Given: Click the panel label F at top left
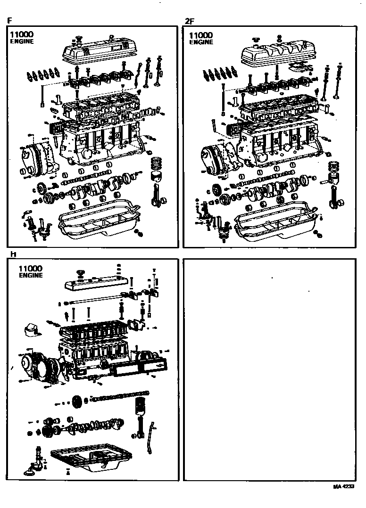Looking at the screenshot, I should (9, 21).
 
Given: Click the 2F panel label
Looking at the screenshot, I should (189, 21).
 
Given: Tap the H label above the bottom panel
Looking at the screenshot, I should (13, 254).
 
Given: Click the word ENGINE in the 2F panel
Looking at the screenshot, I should (201, 42).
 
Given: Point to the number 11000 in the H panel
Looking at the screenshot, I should (31, 268).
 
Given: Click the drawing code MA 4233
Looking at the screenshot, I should (343, 486).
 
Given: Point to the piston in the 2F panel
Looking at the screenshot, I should (334, 177).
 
